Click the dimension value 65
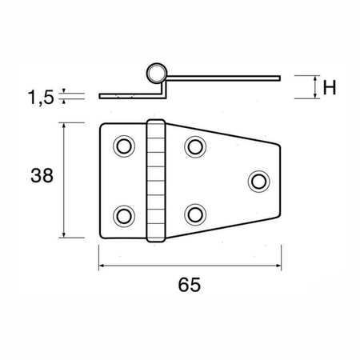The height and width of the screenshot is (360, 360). pos(189,285)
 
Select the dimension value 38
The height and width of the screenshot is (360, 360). pos(42,175)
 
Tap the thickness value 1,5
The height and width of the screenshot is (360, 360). pos(41,98)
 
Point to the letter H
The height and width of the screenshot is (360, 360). pos(330,87)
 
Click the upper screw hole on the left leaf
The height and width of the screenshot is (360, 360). pos(124,146)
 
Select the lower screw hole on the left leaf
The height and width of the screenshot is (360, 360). pos(124,216)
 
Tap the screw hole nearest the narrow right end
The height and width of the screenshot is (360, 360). pos(259,182)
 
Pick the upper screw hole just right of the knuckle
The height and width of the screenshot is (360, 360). pos(195,146)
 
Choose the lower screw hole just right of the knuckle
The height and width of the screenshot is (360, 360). pos(195,214)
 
